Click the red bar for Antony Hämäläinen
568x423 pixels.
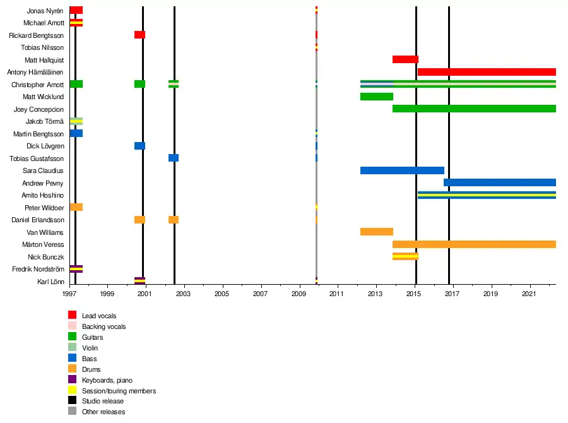[487, 72]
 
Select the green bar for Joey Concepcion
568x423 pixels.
[474, 109]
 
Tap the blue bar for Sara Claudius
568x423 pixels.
[402, 170]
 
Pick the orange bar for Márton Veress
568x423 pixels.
[474, 244]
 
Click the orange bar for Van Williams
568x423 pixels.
[377, 232]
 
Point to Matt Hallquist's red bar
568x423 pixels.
[405, 59]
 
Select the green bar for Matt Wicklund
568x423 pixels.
[377, 97]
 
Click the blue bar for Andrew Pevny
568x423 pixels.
[500, 182]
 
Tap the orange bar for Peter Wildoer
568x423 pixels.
[76, 207]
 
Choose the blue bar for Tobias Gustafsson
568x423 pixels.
[174, 158]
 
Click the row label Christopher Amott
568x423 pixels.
[38, 85]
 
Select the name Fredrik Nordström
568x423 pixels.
[38, 270]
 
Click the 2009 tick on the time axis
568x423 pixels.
[299, 294]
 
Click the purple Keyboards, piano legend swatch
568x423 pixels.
[73, 380]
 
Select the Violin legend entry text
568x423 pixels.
[90, 348]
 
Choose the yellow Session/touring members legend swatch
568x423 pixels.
[73, 391]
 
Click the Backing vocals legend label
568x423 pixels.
[104, 326]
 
